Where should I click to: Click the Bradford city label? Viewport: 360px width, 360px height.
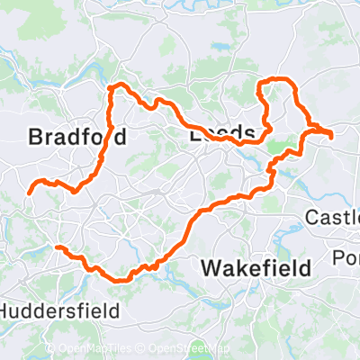coord(76,138)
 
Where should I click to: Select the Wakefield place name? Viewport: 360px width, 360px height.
coord(256,267)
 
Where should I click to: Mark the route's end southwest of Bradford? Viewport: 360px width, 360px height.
coord(29,191)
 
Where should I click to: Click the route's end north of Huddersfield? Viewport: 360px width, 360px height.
coord(57,247)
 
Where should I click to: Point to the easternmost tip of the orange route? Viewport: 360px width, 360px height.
coord(332,136)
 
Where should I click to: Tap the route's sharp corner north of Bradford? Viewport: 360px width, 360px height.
coord(112,88)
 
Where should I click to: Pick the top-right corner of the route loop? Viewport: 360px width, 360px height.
coord(294,83)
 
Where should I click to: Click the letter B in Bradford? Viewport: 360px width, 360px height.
coord(35,138)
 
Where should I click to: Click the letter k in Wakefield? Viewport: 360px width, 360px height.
coord(242,267)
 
